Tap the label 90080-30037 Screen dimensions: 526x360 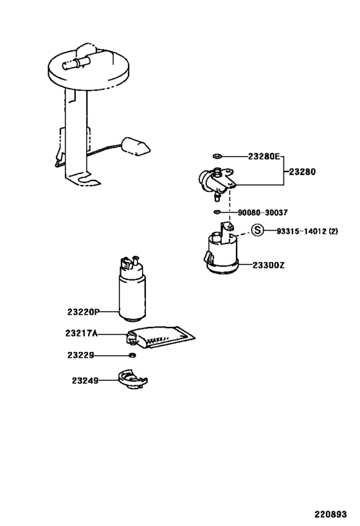click(262, 213)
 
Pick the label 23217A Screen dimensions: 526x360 click(82, 333)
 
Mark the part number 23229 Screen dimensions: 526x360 click(81, 355)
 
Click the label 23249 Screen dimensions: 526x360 click(85, 380)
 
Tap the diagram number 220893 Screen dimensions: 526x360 click(330, 514)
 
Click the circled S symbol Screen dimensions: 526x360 click(257, 231)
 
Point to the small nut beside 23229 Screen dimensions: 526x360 click(132, 355)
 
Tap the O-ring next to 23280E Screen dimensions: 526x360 click(217, 156)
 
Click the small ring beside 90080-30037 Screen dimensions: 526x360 click(217, 213)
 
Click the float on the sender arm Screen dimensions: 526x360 click(136, 145)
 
